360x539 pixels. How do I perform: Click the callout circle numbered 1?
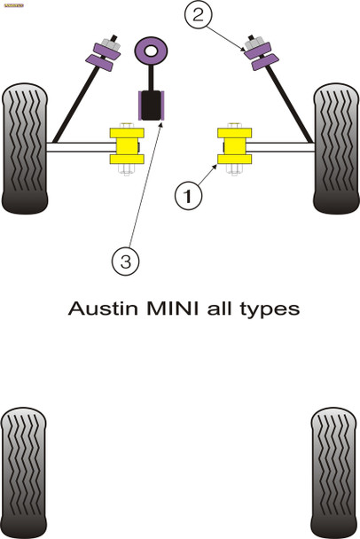tap(187, 194)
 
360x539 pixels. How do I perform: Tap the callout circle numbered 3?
tap(125, 261)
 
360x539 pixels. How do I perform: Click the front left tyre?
tap(24, 149)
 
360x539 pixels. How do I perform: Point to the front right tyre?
tap(335, 149)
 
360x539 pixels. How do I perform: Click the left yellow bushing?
tap(126, 146)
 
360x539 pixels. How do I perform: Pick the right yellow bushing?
tap(234, 146)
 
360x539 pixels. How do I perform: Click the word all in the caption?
tap(216, 309)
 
